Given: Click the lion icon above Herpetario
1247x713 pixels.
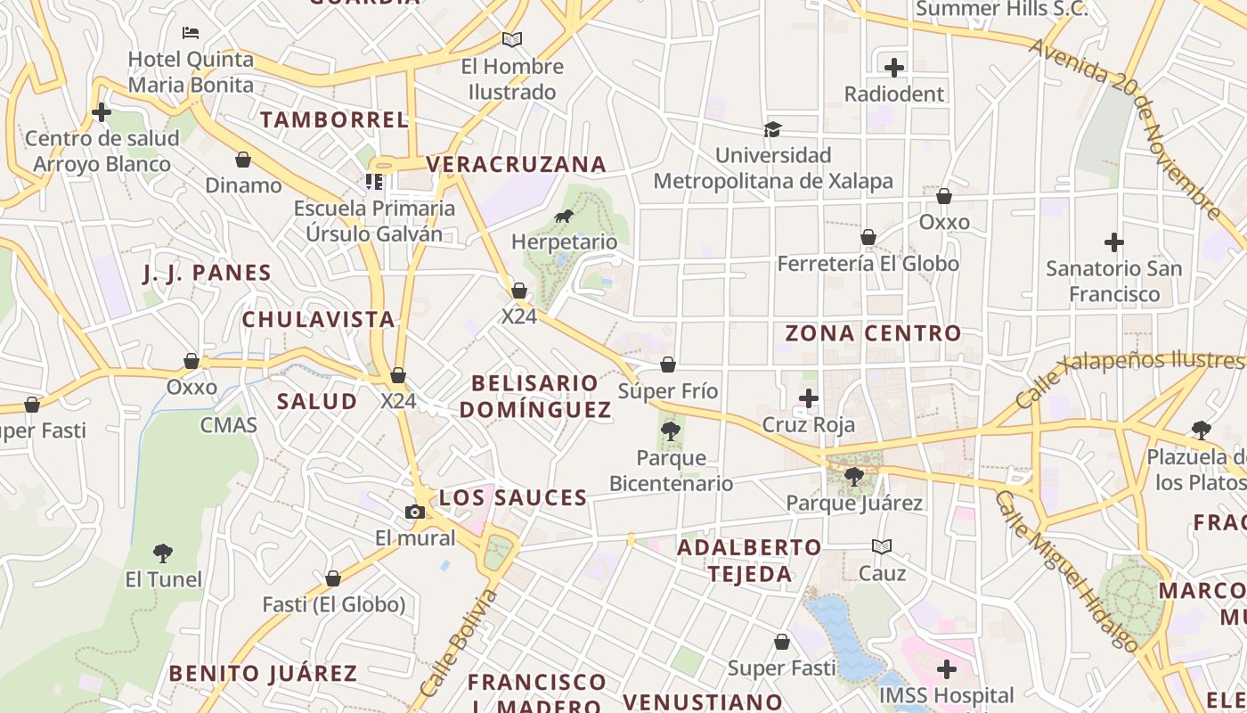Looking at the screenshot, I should [564, 216].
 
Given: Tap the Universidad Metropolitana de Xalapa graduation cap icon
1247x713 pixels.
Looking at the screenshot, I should [772, 130].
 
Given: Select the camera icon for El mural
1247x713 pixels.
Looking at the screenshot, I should [414, 512].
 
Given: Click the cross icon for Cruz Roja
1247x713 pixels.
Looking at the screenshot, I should [809, 397].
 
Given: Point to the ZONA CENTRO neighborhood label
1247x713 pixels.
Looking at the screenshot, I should [873, 333].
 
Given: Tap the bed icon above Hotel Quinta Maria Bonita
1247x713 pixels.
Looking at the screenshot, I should [191, 33].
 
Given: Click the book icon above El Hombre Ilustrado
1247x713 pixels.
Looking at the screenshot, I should [512, 39].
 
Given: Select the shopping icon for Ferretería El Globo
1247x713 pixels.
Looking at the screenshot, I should [868, 237].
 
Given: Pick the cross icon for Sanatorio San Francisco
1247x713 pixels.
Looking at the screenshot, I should [1113, 242].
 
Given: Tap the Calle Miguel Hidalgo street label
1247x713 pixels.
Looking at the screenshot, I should [1066, 571].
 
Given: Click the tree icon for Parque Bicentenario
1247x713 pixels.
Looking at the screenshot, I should [671, 432].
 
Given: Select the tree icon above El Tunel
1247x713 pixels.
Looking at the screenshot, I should [162, 553].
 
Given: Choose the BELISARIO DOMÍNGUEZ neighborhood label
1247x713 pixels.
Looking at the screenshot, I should [535, 396].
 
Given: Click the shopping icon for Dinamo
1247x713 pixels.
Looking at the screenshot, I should [242, 160].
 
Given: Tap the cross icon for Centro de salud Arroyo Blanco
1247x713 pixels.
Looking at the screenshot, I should [102, 112].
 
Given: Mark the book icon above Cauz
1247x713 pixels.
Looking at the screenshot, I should [882, 546].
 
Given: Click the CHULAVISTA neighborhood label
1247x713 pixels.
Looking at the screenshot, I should [318, 319].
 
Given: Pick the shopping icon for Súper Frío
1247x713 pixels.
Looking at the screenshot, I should [668, 365].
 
